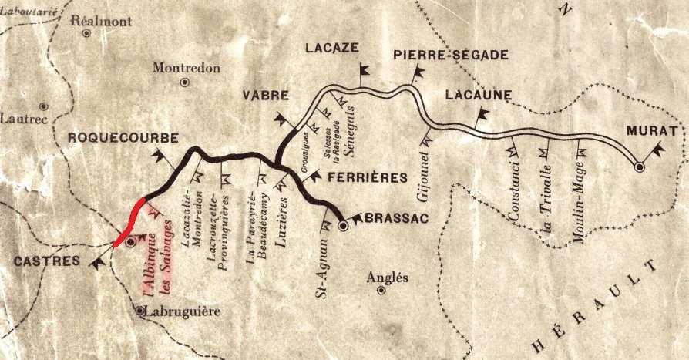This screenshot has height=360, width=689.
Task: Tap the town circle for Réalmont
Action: coord(87,33)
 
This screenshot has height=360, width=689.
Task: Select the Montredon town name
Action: coord(187,68)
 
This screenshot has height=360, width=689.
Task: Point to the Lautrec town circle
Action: coord(44,105)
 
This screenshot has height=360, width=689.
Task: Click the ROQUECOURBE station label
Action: coord(123,138)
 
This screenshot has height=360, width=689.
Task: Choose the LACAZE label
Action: coord(332,48)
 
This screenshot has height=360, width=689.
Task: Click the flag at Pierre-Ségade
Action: coord(420,74)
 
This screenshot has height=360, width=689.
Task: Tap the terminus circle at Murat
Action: coord(639,166)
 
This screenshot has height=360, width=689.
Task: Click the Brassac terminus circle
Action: coord(344,226)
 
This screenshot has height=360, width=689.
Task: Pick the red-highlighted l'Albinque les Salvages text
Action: coord(157,267)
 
